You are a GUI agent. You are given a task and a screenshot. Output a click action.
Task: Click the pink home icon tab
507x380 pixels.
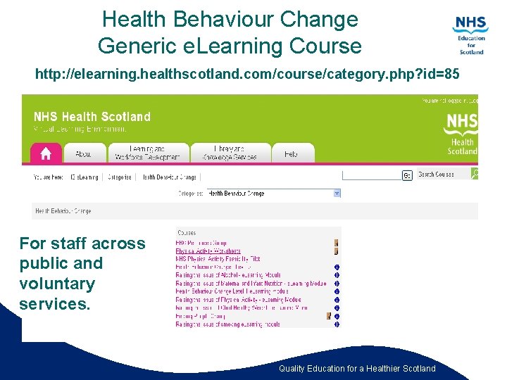point(46,153)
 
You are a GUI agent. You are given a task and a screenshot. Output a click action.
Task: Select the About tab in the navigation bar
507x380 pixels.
point(84,153)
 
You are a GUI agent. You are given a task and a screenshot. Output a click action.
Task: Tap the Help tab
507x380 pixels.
point(291,153)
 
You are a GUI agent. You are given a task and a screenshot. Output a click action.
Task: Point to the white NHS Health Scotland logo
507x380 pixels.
point(461,134)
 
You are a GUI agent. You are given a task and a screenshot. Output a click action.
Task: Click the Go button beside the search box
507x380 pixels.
point(406,175)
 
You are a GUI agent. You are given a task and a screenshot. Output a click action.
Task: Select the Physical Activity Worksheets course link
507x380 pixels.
point(208,251)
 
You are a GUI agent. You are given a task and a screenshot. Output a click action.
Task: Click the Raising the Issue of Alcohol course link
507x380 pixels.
point(228,275)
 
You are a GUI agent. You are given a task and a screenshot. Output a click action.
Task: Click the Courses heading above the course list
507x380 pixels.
point(187,232)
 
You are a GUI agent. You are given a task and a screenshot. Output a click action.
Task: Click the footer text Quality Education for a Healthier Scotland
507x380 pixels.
point(357,369)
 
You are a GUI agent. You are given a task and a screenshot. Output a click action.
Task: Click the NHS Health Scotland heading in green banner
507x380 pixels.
point(92,116)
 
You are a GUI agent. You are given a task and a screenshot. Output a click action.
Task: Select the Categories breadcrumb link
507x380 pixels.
point(120,177)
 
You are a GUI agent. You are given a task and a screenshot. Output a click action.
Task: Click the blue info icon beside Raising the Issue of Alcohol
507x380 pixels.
point(337,275)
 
